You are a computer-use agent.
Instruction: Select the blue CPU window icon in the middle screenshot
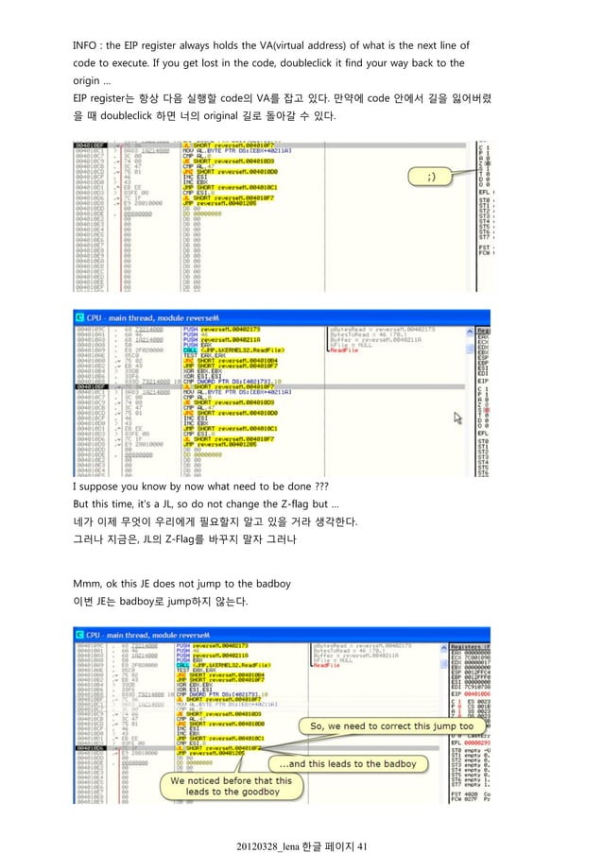click(x=81, y=316)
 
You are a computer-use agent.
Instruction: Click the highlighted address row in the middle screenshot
click(x=93, y=386)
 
